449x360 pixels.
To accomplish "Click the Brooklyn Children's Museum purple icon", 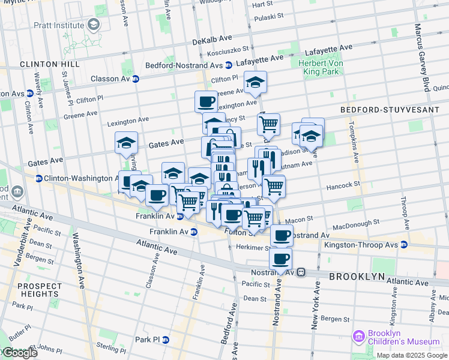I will click(359, 337).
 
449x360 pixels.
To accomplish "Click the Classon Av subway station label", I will click(110, 79).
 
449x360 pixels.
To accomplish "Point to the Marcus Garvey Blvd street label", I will click(426, 57).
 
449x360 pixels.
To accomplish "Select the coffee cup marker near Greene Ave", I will click(206, 101).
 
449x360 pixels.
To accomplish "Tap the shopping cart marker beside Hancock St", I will click(274, 186).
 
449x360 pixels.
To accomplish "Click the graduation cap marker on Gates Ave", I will click(126, 143).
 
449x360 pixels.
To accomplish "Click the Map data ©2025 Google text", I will click(412, 355).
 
